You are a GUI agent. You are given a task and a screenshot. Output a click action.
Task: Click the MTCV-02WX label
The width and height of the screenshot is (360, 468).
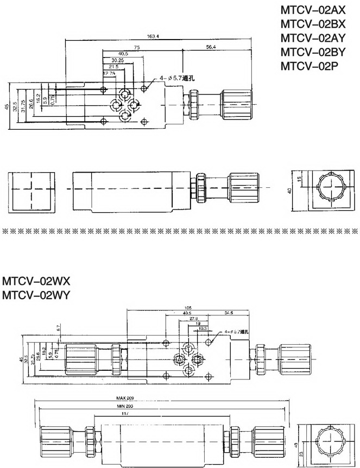pyautogui.click(x=36, y=282)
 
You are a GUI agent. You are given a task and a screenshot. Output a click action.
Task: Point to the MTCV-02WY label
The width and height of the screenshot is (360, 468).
pyautogui.click(x=36, y=296)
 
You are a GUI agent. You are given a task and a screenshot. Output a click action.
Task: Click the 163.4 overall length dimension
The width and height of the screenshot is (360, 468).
pyautogui.click(x=153, y=36)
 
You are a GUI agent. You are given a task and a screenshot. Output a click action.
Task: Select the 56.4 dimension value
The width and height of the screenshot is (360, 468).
pyautogui.click(x=212, y=48)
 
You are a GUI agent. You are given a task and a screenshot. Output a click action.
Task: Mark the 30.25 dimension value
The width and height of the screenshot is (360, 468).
pyautogui.click(x=118, y=60)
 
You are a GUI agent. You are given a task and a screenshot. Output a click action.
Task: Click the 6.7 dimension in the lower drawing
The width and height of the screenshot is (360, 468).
pyautogui.click(x=58, y=327)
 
